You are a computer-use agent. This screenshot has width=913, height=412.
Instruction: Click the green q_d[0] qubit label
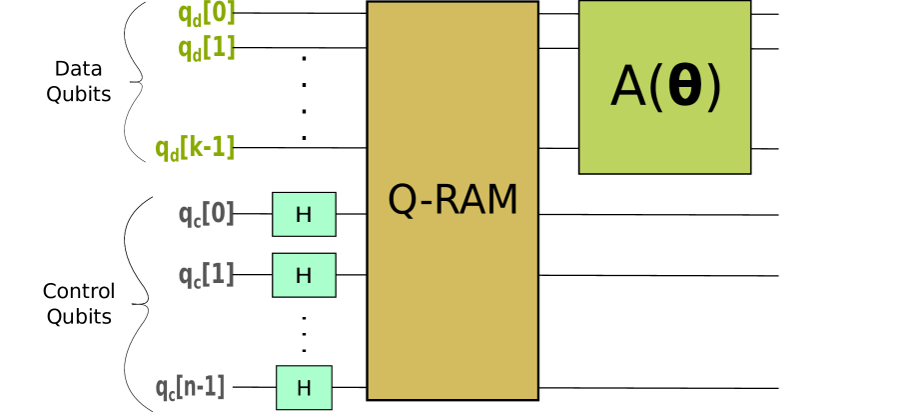pos(207,14)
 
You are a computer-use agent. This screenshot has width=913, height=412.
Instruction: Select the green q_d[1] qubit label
pos(207,47)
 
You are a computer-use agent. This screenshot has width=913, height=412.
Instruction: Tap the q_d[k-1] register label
pos(195,148)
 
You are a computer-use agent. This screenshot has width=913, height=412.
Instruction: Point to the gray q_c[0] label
pos(206,213)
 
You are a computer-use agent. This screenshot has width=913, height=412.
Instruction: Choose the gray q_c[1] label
pos(206,274)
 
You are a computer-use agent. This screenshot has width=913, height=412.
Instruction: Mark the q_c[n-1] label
pos(190,387)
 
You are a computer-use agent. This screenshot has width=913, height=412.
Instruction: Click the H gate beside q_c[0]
pos(304,214)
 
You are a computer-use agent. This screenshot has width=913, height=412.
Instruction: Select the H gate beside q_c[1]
pos(304,275)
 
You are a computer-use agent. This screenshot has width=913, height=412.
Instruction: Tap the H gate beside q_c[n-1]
pos(304,388)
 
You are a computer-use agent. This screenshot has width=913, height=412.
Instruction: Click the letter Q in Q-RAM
pos(402,201)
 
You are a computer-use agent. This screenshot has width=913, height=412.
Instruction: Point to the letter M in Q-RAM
pos(502,200)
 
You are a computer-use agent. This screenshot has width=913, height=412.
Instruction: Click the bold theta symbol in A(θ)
pos(684,87)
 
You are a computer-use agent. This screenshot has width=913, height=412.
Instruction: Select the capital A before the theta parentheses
pos(628,88)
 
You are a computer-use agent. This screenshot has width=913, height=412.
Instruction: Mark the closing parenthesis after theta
pos(713,88)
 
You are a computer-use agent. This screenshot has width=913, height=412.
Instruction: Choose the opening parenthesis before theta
pos(656,88)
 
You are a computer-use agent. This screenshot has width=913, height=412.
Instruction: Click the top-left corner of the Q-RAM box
pos(369,3)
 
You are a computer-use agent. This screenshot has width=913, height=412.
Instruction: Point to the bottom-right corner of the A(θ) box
pos(749,172)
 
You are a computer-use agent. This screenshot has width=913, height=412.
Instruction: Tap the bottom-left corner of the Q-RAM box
pos(369,398)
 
